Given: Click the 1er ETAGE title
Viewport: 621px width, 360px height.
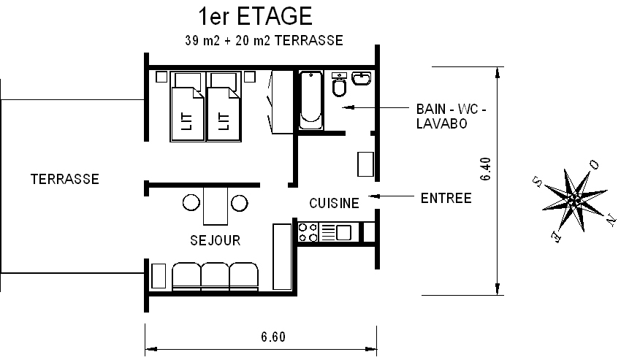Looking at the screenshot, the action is tap(255, 16).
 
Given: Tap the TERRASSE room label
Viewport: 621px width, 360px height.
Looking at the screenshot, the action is tap(65, 179).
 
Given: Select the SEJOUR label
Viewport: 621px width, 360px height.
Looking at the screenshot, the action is tap(215, 240).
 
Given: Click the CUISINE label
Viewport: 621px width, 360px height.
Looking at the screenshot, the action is tap(334, 203).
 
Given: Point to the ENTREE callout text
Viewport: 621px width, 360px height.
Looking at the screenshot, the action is tap(446, 198).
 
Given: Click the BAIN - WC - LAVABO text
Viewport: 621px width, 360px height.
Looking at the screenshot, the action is tap(451, 116).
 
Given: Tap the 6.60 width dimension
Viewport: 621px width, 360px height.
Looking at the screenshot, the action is tap(273, 337).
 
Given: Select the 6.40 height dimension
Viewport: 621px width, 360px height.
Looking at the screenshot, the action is tap(486, 169).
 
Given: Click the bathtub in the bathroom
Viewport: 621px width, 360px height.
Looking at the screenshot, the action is tap(310, 101).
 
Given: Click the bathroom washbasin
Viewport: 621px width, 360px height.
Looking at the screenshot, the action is tap(361, 78).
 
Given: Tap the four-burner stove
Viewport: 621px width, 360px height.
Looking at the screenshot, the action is tap(308, 232).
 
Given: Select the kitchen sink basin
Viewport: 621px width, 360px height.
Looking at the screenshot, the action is tap(343, 232).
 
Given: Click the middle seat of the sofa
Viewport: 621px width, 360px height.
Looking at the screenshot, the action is tap(215, 276).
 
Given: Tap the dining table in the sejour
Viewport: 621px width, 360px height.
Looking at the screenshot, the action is tap(216, 206).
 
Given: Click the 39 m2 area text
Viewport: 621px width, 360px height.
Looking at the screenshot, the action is tap(202, 40).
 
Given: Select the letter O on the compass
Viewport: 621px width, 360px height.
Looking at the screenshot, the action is tap(594, 165).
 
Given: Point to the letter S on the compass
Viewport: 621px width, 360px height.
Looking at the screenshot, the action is tap(538, 182).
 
